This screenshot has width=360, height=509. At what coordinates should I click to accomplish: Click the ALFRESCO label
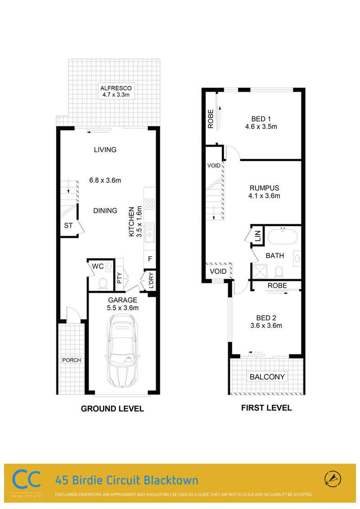coord(116,88)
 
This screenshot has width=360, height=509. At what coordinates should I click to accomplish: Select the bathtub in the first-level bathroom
coord(282,237)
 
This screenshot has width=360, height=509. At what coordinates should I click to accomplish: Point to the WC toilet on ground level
coord(103,284)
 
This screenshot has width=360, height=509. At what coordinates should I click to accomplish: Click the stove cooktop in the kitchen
coord(149,204)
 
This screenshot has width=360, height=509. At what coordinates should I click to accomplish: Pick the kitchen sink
coord(149,232)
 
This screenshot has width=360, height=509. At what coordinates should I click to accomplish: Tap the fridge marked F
coord(150,259)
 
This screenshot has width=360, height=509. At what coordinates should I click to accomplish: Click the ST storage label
coord(68,225)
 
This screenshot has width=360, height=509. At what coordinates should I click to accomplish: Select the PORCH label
coord(72,360)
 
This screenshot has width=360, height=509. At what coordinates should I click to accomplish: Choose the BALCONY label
coord(267,377)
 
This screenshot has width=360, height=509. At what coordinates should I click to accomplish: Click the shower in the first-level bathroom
coord(260,272)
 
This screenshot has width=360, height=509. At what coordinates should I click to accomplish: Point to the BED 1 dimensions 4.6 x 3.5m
coord(261,127)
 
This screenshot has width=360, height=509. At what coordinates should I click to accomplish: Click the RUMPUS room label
coord(264,188)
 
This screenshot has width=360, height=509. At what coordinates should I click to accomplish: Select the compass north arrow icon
coord(333,479)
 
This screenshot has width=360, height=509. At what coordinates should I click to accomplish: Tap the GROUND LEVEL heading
coord(112,409)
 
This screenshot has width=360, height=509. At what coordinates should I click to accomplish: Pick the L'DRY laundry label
coord(151,281)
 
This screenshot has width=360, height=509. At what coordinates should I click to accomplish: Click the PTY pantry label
coord(119,278)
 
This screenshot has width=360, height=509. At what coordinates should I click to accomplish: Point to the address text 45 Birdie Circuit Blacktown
coord(127,480)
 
